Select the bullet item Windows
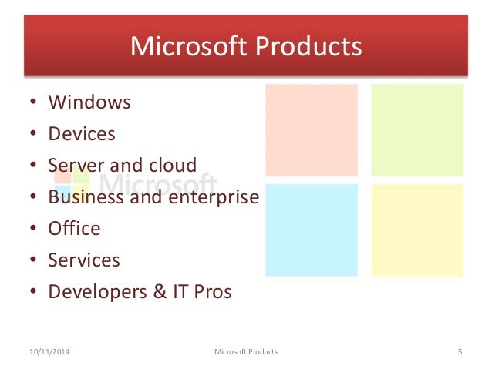click(89, 102)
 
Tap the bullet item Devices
click(82, 133)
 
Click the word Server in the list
click(75, 165)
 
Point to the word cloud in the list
click(170, 165)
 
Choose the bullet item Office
click(74, 228)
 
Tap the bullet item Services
click(84, 260)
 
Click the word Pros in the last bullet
click(211, 292)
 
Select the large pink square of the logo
click(312, 130)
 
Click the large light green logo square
click(417, 130)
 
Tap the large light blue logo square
click(312, 230)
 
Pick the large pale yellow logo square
click(417, 230)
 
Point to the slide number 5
click(460, 352)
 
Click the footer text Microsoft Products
click(245, 352)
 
